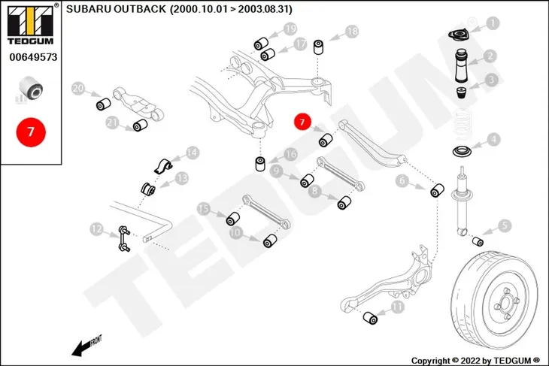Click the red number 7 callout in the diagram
(302, 122)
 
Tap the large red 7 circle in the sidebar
(31, 132)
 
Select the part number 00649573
(33, 57)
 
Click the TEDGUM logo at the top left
(31, 26)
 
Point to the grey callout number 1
(493, 23)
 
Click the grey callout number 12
(96, 229)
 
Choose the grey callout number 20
(78, 89)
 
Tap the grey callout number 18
(352, 32)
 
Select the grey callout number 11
(397, 307)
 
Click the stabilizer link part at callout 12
(124, 239)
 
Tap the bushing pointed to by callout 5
(478, 240)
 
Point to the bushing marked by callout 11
(370, 317)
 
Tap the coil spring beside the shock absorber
(463, 125)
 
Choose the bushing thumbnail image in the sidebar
(31, 89)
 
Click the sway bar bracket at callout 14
(162, 166)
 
